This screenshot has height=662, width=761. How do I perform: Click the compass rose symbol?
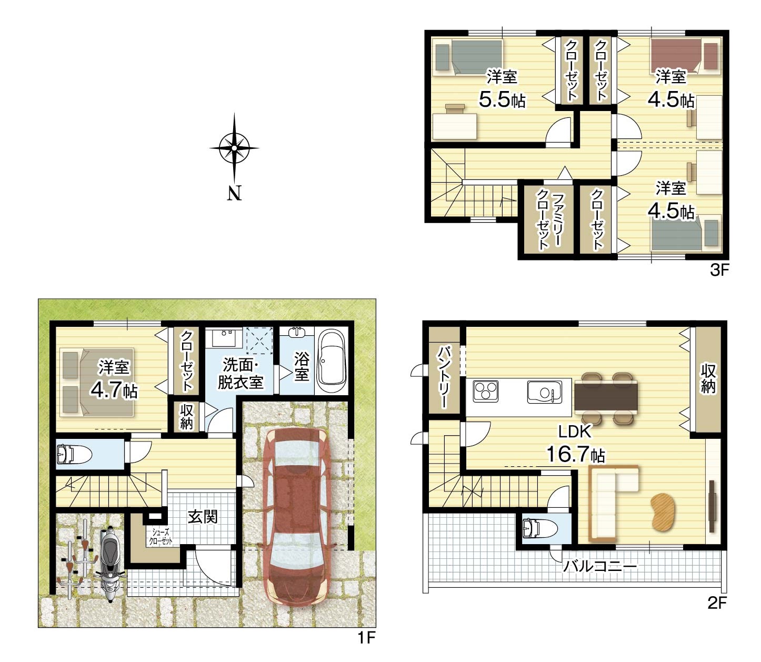[234, 148]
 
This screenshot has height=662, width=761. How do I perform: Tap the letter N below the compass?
[234, 193]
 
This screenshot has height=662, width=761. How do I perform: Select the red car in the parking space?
[296, 516]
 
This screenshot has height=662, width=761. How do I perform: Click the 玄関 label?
[202, 517]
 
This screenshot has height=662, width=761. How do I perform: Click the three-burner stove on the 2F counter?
[486, 391]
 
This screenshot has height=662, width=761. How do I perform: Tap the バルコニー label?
[599, 567]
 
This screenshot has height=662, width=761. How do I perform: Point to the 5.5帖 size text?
[502, 99]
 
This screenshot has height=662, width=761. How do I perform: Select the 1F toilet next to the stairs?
[74, 455]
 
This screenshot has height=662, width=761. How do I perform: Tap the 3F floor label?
[719, 270]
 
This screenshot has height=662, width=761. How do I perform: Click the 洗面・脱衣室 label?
[240, 373]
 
